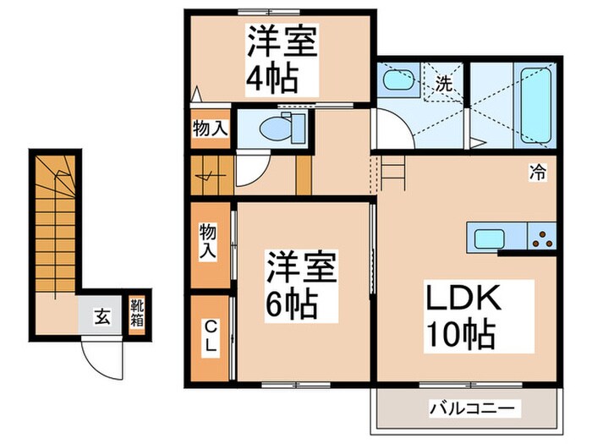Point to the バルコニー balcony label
471,408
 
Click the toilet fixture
274,129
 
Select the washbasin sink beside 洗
397,84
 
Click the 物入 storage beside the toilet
209,129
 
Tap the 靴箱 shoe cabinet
135,315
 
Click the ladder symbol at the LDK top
392,174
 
